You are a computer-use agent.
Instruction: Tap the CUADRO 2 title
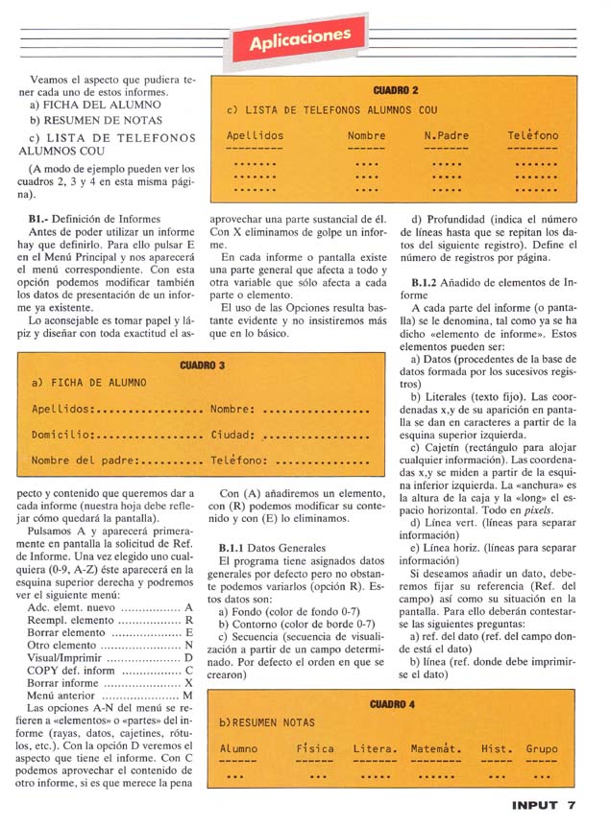click(x=395, y=90)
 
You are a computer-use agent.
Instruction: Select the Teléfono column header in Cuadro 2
click(x=532, y=135)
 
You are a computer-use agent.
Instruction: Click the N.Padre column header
click(x=447, y=135)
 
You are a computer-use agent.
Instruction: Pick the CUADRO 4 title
click(x=391, y=704)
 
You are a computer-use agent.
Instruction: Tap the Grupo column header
click(x=542, y=748)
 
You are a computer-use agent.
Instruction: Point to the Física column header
click(x=314, y=748)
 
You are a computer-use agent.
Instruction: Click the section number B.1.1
click(x=233, y=545)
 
